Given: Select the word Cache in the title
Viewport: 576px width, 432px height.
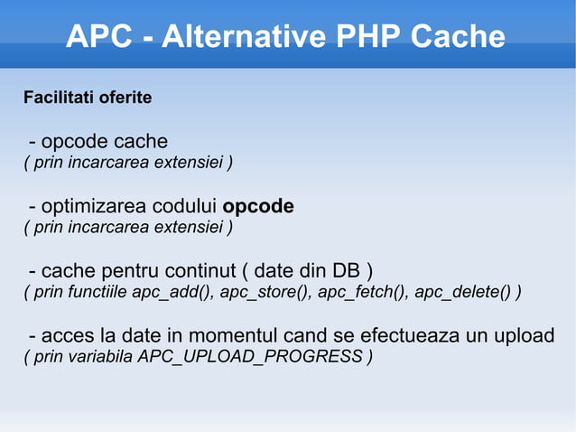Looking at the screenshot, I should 458,37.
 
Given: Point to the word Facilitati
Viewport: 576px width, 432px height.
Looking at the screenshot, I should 57,97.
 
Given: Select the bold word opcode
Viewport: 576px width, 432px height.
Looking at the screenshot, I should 258,207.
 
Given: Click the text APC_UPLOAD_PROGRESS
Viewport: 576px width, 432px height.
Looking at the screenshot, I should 250,357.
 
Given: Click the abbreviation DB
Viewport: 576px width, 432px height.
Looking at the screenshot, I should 346,271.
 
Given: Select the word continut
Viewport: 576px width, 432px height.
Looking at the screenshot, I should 200,271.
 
